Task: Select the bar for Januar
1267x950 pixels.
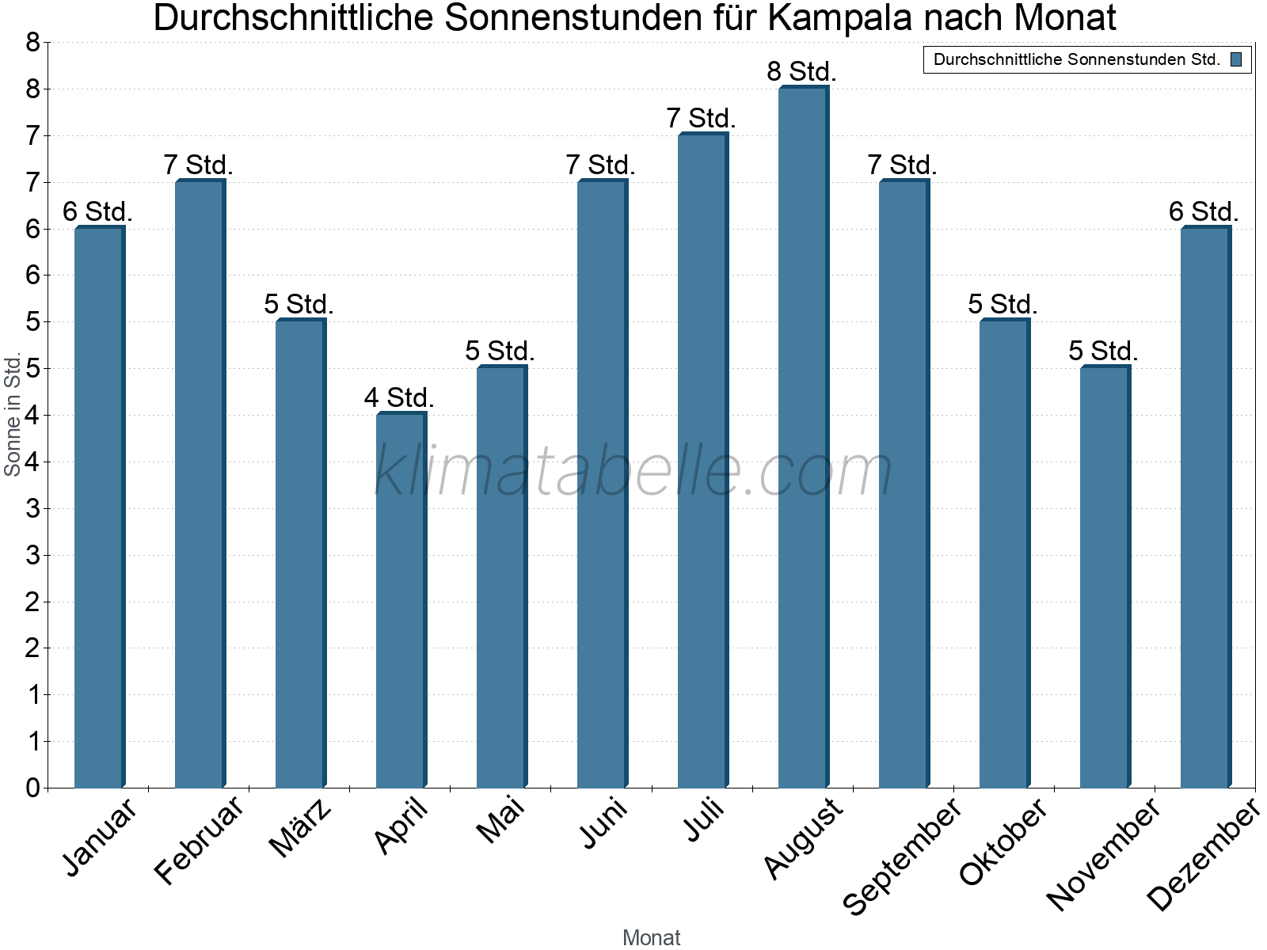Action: [x=99, y=507]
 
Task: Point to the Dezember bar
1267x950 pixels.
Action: [x=1205, y=507]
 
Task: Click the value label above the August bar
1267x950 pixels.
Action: [x=801, y=72]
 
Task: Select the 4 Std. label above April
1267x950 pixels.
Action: [x=399, y=397]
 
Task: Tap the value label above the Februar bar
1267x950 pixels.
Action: [x=198, y=165]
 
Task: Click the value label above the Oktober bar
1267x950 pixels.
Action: [x=1003, y=304]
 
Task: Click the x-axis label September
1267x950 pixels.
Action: [x=902, y=855]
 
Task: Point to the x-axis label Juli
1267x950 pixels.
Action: [x=704, y=819]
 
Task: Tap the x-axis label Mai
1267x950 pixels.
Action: [x=500, y=819]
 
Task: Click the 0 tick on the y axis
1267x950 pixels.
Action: [x=32, y=788]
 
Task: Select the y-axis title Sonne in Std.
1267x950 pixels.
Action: [x=13, y=414]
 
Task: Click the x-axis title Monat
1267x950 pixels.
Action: [x=651, y=937]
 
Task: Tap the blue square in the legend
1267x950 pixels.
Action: [x=1236, y=59]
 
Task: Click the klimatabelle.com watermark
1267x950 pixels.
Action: [x=633, y=471]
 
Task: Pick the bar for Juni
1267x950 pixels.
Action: [x=602, y=483]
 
